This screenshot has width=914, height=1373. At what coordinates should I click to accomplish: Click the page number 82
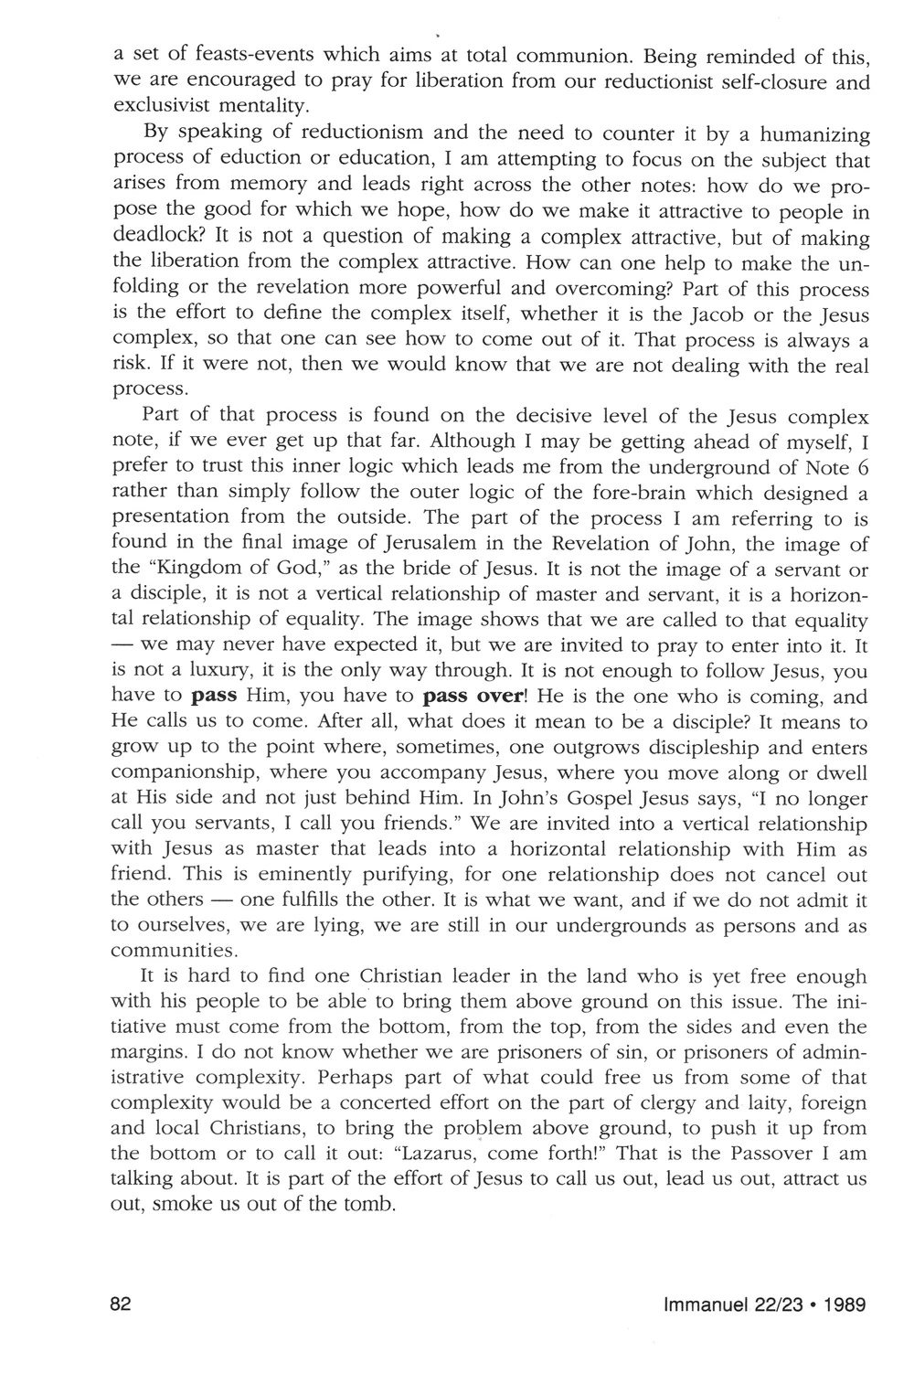(x=121, y=1304)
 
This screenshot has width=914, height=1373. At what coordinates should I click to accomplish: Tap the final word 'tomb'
(x=370, y=1204)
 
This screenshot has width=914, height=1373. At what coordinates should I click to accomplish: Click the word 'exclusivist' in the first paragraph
(x=159, y=104)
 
